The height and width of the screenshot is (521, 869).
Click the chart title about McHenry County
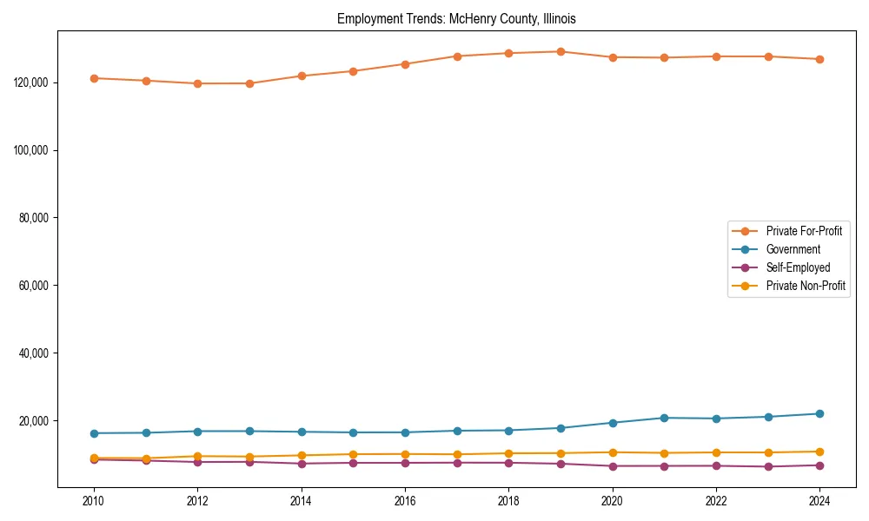coord(456,18)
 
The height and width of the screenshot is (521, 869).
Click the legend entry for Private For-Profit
coord(803,231)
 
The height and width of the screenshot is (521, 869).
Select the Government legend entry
coord(793,249)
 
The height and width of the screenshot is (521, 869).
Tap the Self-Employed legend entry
coord(798,267)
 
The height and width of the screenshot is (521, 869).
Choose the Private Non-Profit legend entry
coord(806,286)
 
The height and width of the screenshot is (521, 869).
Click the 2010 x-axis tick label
coord(94,501)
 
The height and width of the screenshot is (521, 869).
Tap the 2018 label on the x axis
coord(508,501)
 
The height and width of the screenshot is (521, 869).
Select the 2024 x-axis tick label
coord(819,501)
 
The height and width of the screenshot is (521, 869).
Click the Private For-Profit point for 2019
coord(561,51)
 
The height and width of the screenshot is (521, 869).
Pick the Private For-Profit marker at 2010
coord(94,78)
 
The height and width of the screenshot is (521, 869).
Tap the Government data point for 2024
coord(819,413)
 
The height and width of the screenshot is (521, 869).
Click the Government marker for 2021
coord(664,418)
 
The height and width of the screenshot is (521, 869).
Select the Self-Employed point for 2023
coord(767,466)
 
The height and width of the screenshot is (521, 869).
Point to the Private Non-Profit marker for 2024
coord(819,452)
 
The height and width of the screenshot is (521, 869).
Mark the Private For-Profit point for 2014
coord(302,76)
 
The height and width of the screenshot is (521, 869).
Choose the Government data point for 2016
coord(405,432)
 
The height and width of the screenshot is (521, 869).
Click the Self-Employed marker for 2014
coord(302,464)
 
